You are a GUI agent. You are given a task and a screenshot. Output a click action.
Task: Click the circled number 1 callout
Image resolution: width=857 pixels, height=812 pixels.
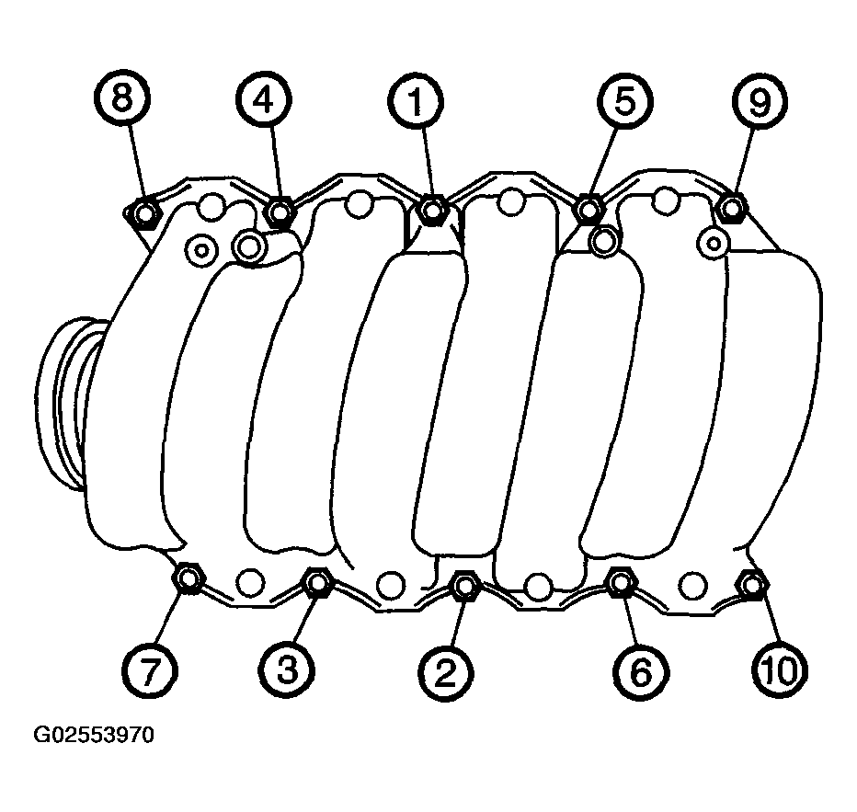[416, 102]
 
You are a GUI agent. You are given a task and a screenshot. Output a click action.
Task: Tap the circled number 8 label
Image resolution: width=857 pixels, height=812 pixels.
[122, 97]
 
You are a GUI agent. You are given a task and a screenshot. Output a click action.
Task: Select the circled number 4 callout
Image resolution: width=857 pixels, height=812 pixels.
[263, 99]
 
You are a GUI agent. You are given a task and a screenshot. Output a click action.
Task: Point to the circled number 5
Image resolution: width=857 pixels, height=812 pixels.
[624, 101]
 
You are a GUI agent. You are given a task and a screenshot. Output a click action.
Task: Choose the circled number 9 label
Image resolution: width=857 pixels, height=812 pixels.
[760, 102]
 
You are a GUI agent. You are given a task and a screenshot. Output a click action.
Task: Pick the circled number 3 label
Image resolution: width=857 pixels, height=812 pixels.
[287, 670]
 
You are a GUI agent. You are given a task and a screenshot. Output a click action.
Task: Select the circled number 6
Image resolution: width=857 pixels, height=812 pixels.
[641, 671]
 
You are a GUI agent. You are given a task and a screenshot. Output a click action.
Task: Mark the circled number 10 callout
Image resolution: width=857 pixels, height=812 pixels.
[780, 670]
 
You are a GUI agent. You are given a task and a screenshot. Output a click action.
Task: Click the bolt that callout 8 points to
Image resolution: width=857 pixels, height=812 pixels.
[145, 213]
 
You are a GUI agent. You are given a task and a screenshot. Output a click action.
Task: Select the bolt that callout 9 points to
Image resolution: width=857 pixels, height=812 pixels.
[732, 208]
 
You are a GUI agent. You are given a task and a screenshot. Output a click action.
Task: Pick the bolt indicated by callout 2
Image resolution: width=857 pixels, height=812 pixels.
[464, 585]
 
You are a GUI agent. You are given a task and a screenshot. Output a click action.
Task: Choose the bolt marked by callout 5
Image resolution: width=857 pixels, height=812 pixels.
[588, 209]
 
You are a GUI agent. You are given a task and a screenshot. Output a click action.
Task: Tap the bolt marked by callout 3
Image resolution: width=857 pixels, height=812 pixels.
[317, 583]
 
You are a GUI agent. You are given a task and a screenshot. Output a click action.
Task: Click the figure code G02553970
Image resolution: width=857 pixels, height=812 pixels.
[94, 735]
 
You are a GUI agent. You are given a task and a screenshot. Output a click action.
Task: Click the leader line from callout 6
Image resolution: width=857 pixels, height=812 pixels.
[629, 619]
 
